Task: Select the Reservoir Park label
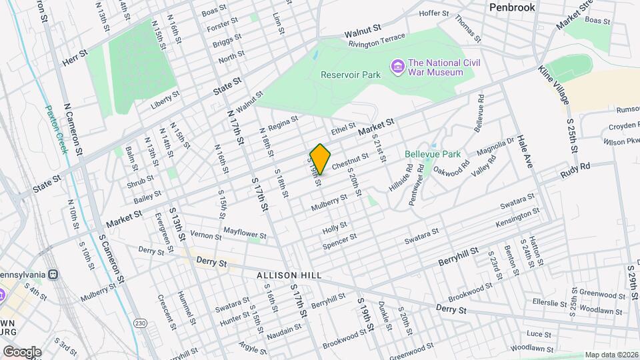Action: pos(350,75)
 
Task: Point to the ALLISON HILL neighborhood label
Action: pos(290,275)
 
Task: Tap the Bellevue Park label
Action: pos(433,154)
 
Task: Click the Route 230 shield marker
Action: pos(139,323)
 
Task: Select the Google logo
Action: pos(21,351)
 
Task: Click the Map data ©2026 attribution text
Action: pos(611,355)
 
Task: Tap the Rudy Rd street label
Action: pos(575,171)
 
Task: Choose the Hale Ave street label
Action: pos(525,152)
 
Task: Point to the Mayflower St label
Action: pos(245,235)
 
